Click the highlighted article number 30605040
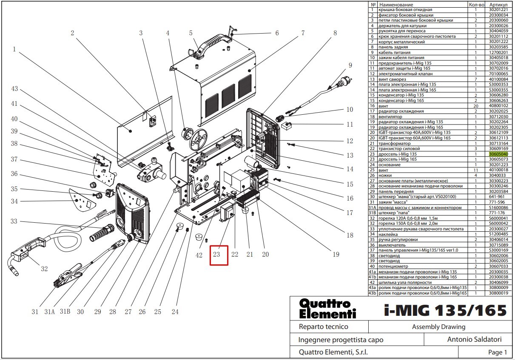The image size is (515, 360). point(498,154)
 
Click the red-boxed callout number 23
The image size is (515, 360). point(216,254)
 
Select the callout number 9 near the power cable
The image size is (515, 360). point(350,65)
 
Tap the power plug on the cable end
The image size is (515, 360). point(344,81)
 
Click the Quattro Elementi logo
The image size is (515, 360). point(327,309)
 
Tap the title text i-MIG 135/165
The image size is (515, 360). point(445,310)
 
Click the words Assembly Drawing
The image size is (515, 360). point(438,327)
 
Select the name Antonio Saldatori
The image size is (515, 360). point(474,339)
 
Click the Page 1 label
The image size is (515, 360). point(498,352)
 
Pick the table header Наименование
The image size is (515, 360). point(396,5)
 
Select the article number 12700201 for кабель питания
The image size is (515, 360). point(498,52)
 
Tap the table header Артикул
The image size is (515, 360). point(498,5)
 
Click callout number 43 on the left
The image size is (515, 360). point(14,89)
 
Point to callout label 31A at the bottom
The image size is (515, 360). point(50,312)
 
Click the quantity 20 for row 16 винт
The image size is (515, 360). point(476,106)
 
